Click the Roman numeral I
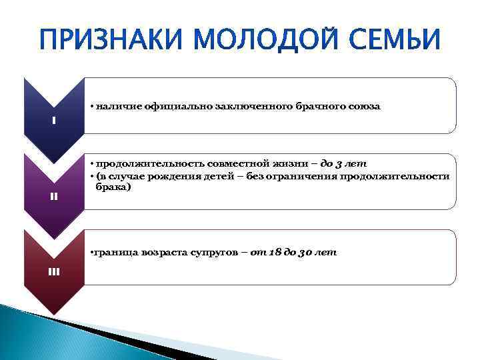tap(54, 121)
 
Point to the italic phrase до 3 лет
tap(343, 163)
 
